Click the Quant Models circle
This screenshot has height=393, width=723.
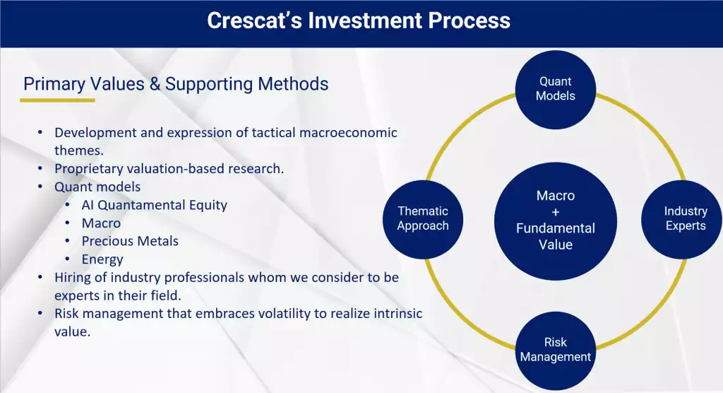click(x=555, y=89)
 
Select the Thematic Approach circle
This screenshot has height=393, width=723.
click(x=423, y=219)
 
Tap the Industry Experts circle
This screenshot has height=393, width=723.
click(x=682, y=219)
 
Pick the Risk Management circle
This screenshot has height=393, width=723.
click(x=555, y=351)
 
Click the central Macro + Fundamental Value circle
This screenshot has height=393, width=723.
click(x=555, y=221)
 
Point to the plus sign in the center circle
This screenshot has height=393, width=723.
click(x=555, y=212)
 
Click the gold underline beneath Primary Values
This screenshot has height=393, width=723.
click(x=57, y=100)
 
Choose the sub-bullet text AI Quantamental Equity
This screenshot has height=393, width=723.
click(x=155, y=205)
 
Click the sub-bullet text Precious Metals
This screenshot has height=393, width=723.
click(x=130, y=241)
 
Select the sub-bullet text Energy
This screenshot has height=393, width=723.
click(x=102, y=259)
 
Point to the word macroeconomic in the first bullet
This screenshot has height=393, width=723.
click(x=348, y=133)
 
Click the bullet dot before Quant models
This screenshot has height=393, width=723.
click(x=40, y=187)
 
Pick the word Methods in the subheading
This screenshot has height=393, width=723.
click(x=293, y=84)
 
